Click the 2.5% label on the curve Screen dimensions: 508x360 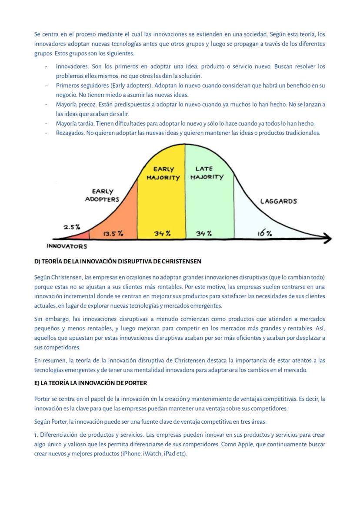pyautogui.click(x=72, y=227)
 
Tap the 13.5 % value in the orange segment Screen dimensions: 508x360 pyautogui.click(x=113, y=233)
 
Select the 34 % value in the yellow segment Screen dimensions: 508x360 pyautogui.click(x=162, y=233)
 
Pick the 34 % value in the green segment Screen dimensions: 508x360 pyautogui.click(x=203, y=233)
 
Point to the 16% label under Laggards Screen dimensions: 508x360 pyautogui.click(x=265, y=233)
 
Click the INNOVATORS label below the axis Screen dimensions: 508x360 pyautogui.click(x=67, y=246)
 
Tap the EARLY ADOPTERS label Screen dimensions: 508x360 pyautogui.click(x=102, y=195)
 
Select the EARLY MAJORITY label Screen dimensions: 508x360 pyautogui.click(x=163, y=173)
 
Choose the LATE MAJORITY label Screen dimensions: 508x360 pyautogui.click(x=207, y=173)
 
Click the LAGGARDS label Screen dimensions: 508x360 pyautogui.click(x=278, y=201)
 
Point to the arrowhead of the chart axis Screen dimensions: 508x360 pyautogui.click(x=327, y=239)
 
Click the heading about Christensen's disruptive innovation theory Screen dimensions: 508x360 pyautogui.click(x=117, y=262)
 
